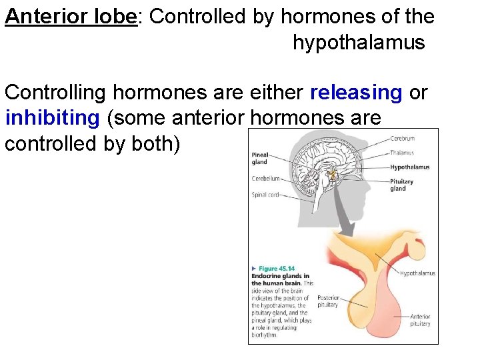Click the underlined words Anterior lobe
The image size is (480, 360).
pos(70,16)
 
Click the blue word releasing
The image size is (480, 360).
pos(356,93)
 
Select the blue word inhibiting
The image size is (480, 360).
pos(51,118)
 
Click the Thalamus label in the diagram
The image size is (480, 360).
pos(402,153)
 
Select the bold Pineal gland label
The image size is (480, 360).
pos(259,158)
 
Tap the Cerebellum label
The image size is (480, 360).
pos(265,178)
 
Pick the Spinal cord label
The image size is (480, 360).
pos(265,195)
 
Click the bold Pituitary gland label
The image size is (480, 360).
pos(401,185)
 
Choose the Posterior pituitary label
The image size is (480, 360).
pos(327,301)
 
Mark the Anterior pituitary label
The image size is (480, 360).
pos(420,320)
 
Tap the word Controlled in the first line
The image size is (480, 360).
pos(196,16)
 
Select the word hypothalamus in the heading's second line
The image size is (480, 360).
pos(358,43)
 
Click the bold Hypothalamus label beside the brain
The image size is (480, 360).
pos(409,167)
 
